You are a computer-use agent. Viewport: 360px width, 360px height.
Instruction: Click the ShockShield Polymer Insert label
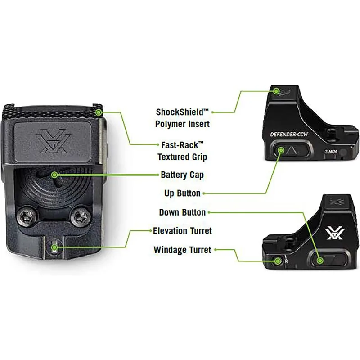coord(183,118)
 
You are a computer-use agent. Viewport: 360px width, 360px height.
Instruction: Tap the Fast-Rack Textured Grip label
coord(183,151)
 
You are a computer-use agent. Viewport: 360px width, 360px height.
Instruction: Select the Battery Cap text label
coord(182,175)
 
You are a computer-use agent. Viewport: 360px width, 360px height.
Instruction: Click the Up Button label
coord(183,193)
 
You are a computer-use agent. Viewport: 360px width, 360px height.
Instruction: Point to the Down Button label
coord(183,212)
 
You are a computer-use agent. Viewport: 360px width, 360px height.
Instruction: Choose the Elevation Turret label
coord(183,231)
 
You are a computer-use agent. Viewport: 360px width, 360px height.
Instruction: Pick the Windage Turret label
coord(183,250)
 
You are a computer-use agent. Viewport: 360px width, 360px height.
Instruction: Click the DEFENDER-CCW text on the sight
coord(289,134)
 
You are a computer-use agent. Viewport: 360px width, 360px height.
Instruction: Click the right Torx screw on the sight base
coord(80,216)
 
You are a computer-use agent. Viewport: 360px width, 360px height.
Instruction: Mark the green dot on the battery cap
coord(54,175)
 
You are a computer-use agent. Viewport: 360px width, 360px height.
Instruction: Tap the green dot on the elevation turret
coord(54,247)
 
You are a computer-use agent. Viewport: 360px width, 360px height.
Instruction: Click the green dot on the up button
coord(281,150)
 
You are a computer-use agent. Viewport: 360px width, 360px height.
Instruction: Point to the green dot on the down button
coord(320,261)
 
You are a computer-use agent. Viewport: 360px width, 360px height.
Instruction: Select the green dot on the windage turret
coord(278,261)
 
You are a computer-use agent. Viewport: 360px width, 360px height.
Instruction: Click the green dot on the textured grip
coord(99,112)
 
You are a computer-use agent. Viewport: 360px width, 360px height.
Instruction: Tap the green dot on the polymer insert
coord(277,91)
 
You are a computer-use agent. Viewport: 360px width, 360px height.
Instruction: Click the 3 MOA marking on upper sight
coord(331,152)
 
